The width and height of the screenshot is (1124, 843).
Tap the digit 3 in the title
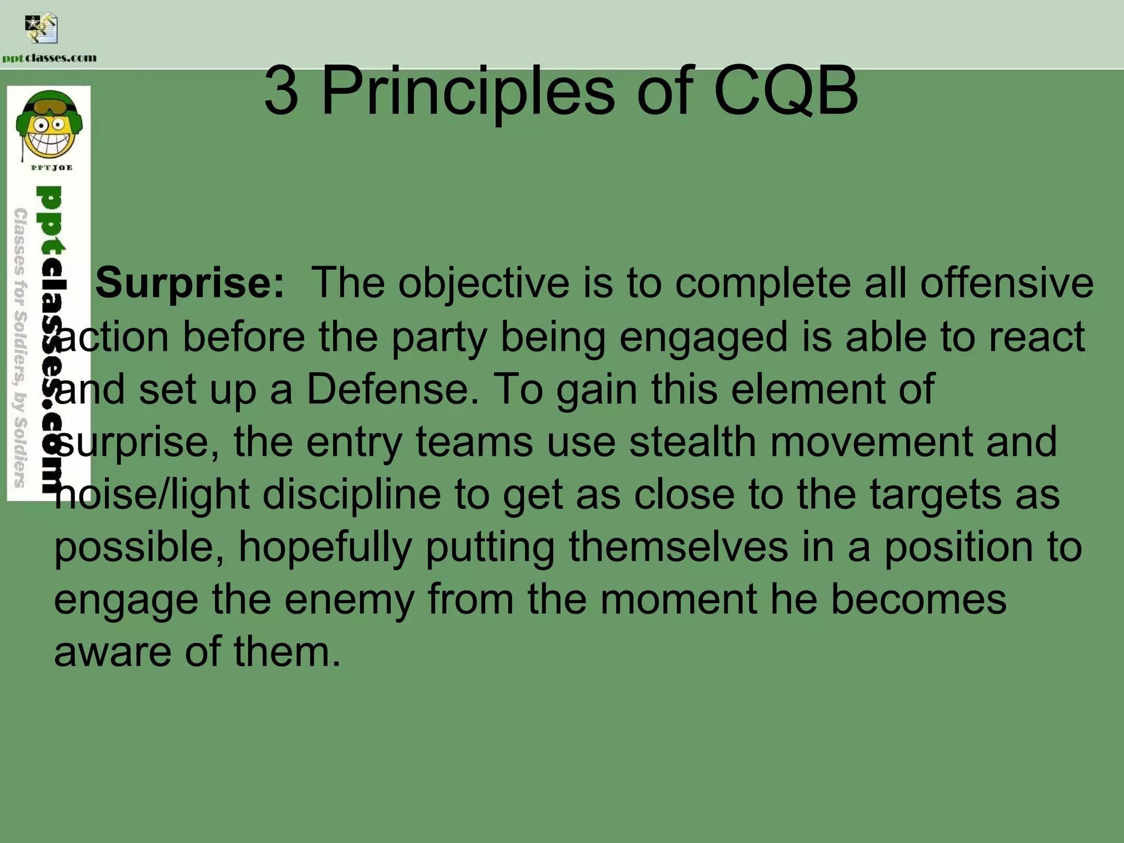pyautogui.click(x=281, y=92)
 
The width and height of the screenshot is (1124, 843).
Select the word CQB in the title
pyautogui.click(x=785, y=92)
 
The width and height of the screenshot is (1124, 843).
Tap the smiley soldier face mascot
pyautogui.click(x=49, y=126)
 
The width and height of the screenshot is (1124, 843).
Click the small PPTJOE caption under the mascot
pyautogui.click(x=51, y=167)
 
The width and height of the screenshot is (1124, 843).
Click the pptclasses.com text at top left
pyautogui.click(x=49, y=58)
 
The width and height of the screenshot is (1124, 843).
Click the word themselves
pyautogui.click(x=678, y=548)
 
